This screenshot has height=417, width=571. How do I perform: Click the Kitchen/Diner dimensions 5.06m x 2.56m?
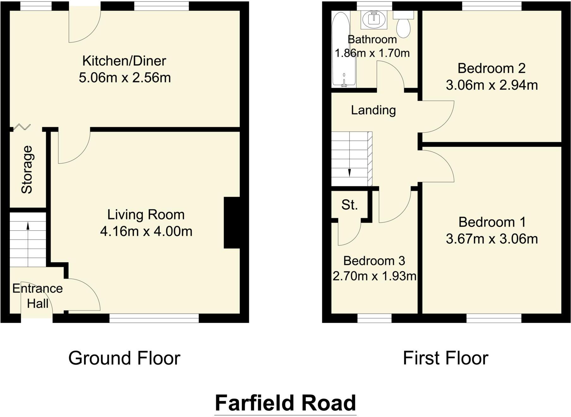click(125, 78)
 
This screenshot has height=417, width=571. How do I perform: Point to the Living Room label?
click(146, 215)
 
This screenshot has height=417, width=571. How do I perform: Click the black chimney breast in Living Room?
click(232, 223)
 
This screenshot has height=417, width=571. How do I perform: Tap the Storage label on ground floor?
click(27, 169)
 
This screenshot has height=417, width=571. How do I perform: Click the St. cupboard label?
click(350, 205)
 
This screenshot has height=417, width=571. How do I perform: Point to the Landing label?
click(373, 110)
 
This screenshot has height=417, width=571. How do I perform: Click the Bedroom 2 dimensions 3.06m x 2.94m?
click(491, 85)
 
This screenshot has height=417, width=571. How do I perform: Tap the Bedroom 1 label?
click(492, 222)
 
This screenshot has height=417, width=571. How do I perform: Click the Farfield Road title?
click(285, 403)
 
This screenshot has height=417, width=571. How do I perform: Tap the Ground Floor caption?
click(124, 358)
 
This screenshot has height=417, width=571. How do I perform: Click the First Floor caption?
click(445, 358)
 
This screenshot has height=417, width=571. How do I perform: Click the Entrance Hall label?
click(37, 296)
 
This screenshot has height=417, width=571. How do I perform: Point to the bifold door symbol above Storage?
click(22, 127)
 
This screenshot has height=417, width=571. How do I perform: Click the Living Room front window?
click(154, 318)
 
